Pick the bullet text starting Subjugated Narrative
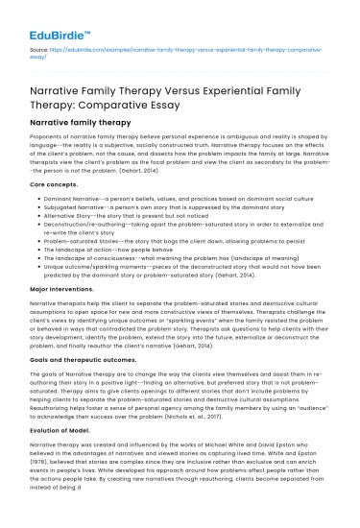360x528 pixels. point(133,204)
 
